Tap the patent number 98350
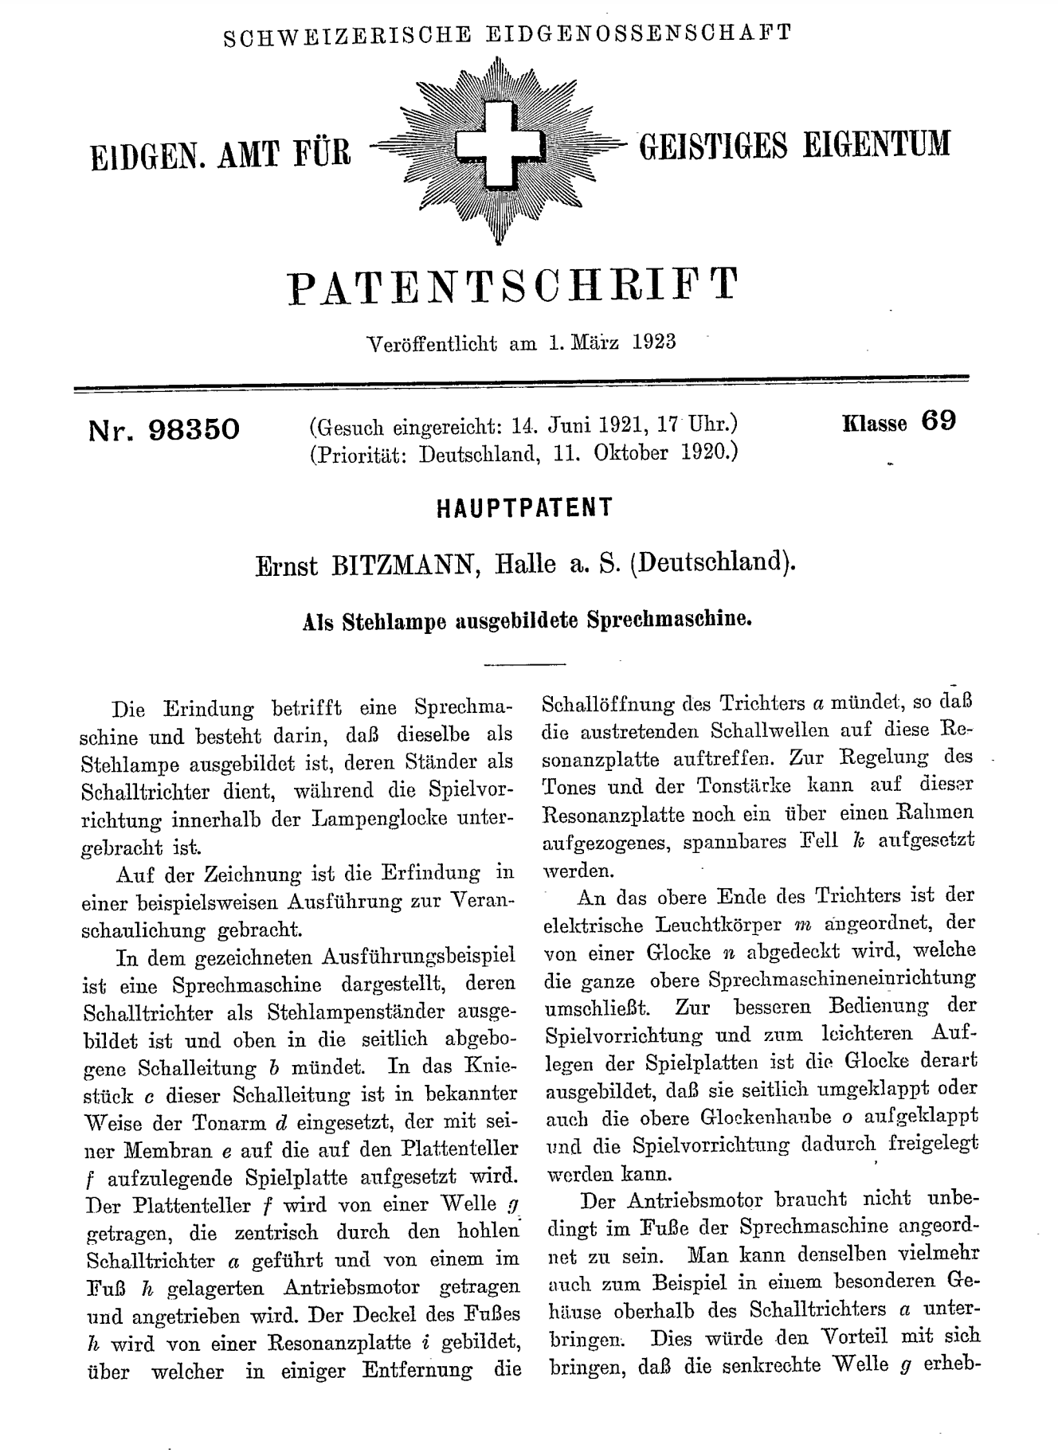(x=193, y=429)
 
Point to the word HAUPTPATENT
(x=525, y=508)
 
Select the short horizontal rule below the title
(x=523, y=663)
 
